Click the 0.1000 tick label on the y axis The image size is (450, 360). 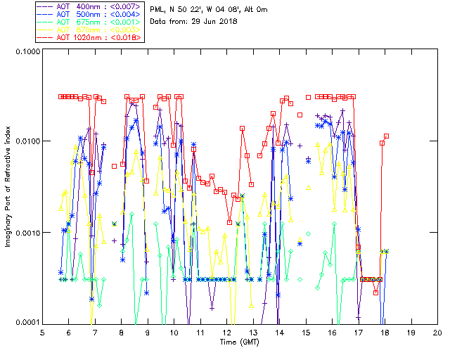click(x=28, y=51)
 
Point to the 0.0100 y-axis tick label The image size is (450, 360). click(x=28, y=141)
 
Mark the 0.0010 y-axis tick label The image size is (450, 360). click(x=28, y=232)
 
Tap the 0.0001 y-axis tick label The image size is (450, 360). click(x=28, y=322)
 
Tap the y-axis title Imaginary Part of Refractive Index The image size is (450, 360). click(x=6, y=186)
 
